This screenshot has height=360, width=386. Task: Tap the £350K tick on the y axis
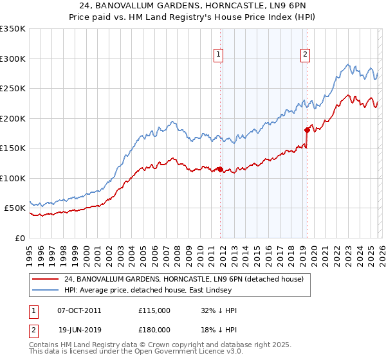[13, 29]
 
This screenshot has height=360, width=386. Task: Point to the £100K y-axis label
[13, 178]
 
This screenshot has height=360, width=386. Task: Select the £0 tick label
[20, 238]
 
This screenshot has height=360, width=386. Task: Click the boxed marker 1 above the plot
[219, 55]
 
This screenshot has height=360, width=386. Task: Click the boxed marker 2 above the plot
[305, 55]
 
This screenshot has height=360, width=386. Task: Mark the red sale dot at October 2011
[220, 170]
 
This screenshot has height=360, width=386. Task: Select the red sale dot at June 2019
[308, 130]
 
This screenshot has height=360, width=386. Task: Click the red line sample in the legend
[45, 279]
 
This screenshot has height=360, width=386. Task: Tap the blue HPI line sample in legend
[45, 290]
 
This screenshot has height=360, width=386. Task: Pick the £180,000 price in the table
[154, 328]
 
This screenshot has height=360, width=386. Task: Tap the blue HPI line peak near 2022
[347, 64]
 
